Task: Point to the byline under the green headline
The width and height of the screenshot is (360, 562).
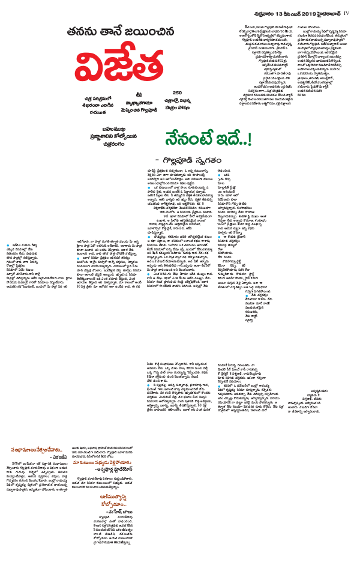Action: point(193,160)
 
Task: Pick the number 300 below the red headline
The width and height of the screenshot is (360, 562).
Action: point(177,93)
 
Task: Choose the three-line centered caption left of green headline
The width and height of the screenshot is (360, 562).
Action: point(113,136)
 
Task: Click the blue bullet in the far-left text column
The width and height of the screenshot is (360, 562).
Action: point(8,246)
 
